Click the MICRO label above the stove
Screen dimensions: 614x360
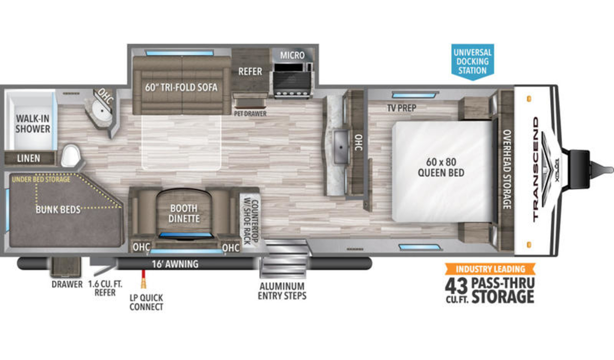pyautogui.click(x=292, y=55)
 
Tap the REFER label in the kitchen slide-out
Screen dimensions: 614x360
pyautogui.click(x=250, y=72)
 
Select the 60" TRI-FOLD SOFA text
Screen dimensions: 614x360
pyautogui.click(x=181, y=87)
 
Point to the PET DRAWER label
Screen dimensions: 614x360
pyautogui.click(x=250, y=114)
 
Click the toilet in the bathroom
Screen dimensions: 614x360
pyautogui.click(x=71, y=155)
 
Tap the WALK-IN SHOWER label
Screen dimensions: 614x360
pyautogui.click(x=33, y=124)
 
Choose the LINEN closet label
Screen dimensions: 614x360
pyautogui.click(x=29, y=159)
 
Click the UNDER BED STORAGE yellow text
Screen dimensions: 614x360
pyautogui.click(x=41, y=179)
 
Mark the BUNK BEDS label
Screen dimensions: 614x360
pyautogui.click(x=58, y=210)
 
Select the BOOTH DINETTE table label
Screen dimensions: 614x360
pyautogui.click(x=184, y=213)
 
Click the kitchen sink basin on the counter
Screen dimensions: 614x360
pyautogui.click(x=341, y=147)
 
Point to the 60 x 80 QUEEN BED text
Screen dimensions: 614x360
pyautogui.click(x=441, y=167)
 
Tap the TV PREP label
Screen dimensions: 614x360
pyautogui.click(x=402, y=108)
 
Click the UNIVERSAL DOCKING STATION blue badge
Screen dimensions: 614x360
pyautogui.click(x=473, y=62)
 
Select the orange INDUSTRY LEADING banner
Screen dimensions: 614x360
pyautogui.click(x=490, y=269)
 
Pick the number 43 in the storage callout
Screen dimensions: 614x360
pyautogui.click(x=456, y=286)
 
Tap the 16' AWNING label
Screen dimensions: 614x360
pyautogui.click(x=175, y=264)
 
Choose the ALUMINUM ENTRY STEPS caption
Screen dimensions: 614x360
pyautogui.click(x=282, y=291)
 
